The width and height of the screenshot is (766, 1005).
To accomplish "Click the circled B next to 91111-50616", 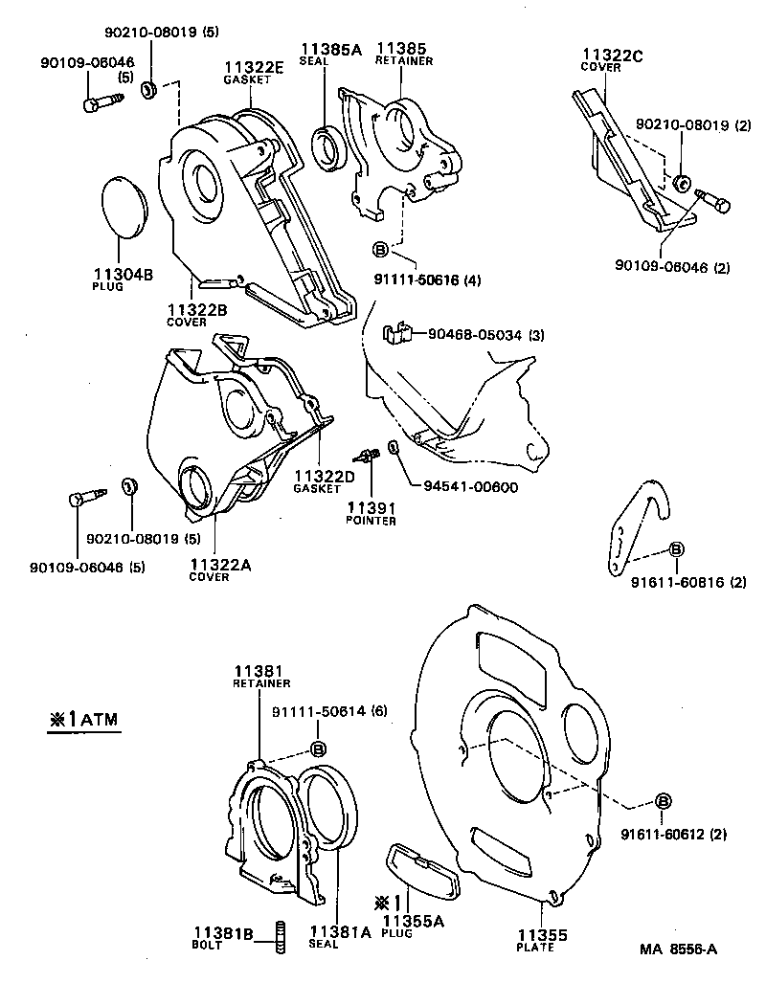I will click(x=379, y=250).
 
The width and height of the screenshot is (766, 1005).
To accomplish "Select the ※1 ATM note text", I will click(x=85, y=720).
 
